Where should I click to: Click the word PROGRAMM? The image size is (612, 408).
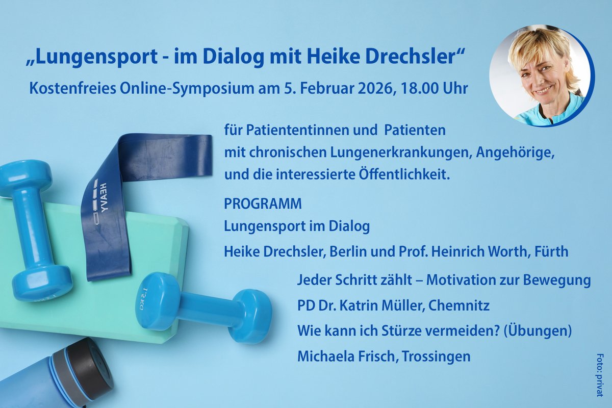[263, 204]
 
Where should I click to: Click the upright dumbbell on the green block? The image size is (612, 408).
[34, 229]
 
